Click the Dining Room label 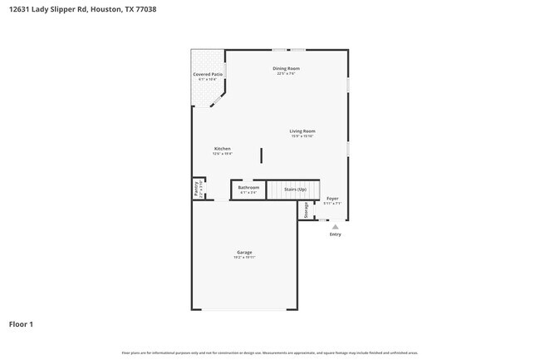[286, 68]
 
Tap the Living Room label [302, 131]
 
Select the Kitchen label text [222, 149]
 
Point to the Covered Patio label [208, 75]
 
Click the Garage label [244, 252]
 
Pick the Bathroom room [248, 190]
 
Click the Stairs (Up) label [296, 190]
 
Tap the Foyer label [332, 199]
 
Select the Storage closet [306, 211]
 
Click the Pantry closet [197, 190]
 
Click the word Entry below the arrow [335, 234]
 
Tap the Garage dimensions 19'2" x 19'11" [244, 258]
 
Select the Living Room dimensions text [302, 136]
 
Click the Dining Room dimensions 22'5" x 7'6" [286, 74]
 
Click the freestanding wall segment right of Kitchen [262, 155]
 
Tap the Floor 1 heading [21, 323]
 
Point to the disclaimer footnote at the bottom [269, 352]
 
